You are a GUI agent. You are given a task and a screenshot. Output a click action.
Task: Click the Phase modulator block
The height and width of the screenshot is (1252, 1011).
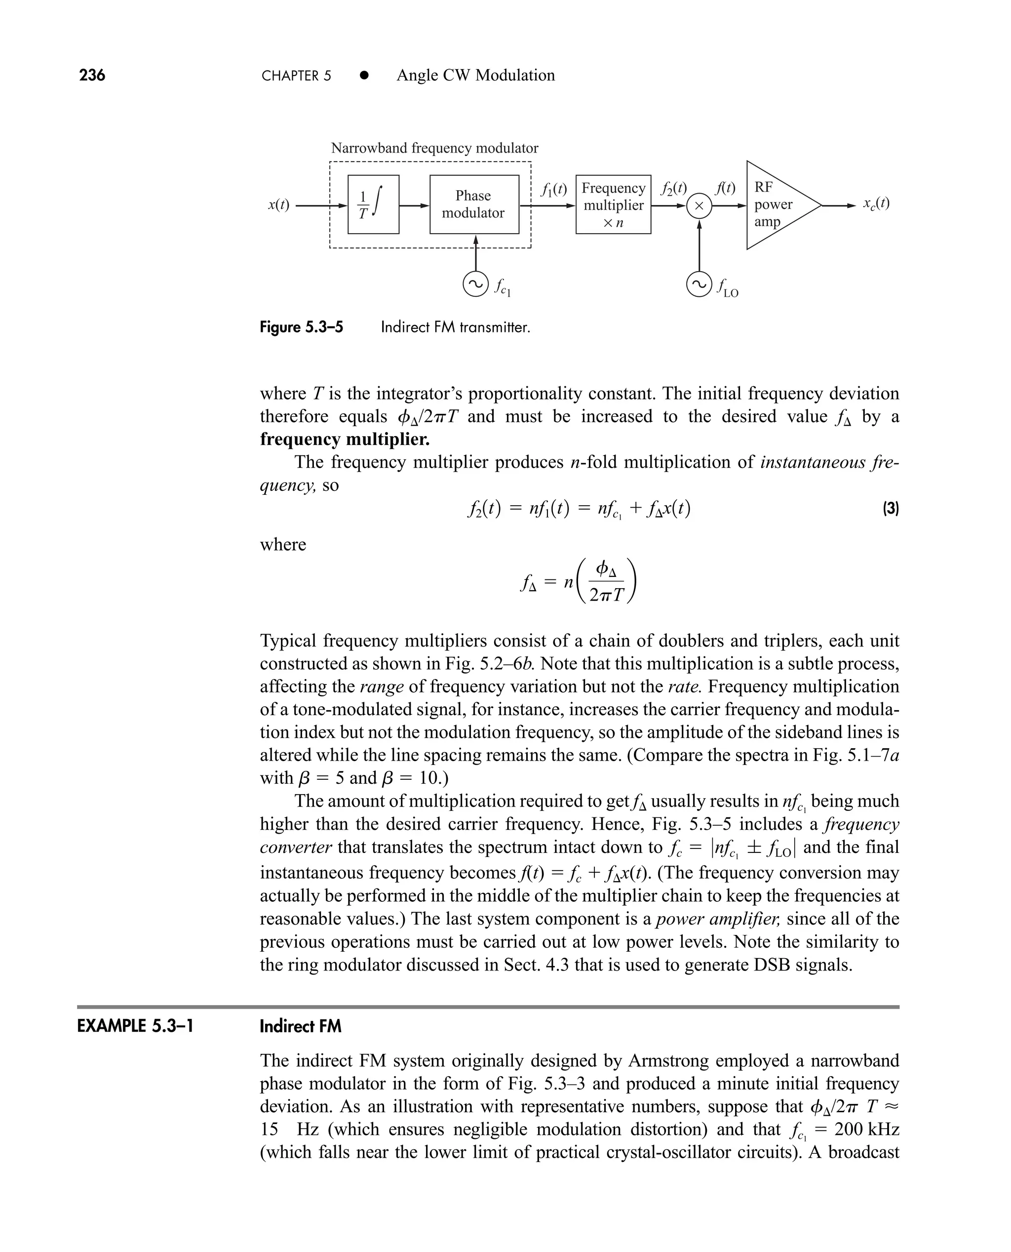pyautogui.click(x=473, y=204)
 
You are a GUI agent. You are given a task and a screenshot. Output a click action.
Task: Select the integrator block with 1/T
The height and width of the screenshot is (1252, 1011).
pyautogui.click(x=373, y=204)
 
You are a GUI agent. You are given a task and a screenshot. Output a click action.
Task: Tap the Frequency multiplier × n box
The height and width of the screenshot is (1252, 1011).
pyautogui.click(x=613, y=204)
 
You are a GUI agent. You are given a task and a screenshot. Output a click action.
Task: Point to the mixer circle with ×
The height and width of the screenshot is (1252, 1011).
pyautogui.click(x=700, y=205)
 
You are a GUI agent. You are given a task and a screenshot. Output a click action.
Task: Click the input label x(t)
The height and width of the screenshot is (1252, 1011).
pyautogui.click(x=278, y=205)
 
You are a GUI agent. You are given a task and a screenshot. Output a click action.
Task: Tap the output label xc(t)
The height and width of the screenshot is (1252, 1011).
pyautogui.click(x=876, y=203)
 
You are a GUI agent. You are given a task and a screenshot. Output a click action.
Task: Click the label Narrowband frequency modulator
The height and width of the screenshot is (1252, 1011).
pyautogui.click(x=434, y=148)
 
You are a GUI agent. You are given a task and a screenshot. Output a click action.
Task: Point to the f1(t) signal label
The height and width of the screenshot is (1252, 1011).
pyautogui.click(x=553, y=189)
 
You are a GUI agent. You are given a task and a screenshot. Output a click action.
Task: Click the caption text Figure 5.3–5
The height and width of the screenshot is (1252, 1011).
pyautogui.click(x=301, y=327)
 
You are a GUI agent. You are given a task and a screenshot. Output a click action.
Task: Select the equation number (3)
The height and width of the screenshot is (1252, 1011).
pyautogui.click(x=891, y=509)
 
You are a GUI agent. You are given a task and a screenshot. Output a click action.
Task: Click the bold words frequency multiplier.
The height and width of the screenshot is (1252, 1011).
pyautogui.click(x=345, y=439)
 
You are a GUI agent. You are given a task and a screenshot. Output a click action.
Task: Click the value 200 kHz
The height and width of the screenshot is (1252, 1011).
pyautogui.click(x=866, y=1129)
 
